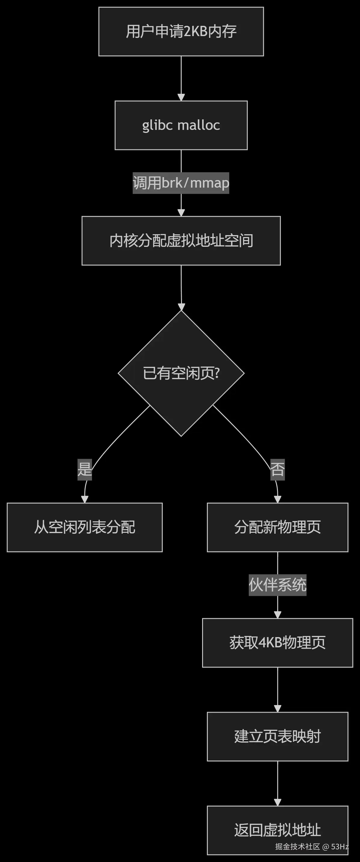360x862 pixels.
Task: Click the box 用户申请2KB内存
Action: (181, 32)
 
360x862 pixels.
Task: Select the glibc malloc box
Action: (181, 125)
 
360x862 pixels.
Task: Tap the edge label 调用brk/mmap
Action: (181, 183)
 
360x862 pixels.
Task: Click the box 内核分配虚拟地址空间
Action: (181, 241)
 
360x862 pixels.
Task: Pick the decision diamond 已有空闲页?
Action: (181, 373)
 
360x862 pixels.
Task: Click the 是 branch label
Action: (85, 469)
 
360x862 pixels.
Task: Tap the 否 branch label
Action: (277, 469)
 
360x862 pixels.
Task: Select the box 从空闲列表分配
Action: (85, 527)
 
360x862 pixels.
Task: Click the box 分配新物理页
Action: (277, 527)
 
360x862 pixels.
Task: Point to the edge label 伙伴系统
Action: (277, 584)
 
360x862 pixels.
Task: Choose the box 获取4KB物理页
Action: (277, 643)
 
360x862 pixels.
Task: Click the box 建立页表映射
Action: (277, 736)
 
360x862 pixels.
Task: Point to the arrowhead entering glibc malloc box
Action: (181, 97)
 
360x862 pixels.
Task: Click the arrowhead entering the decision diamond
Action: (181, 307)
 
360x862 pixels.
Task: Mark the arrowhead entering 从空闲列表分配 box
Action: (85, 499)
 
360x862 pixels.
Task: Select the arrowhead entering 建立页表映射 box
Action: (277, 708)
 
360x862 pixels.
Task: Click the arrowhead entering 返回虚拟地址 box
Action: (277, 802)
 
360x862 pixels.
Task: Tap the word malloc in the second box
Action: (199, 125)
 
